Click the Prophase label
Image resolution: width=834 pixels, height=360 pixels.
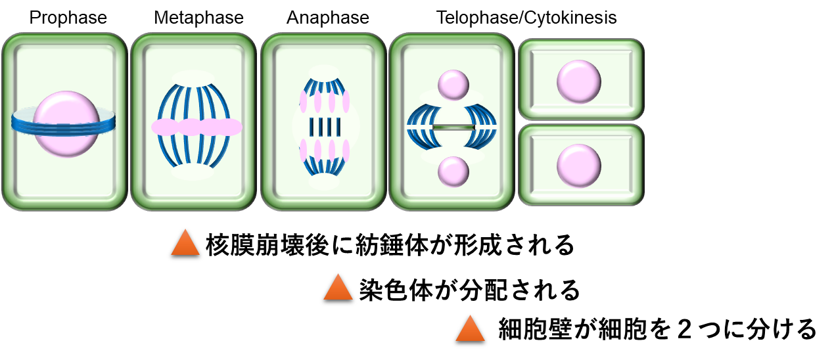pyautogui.click(x=68, y=18)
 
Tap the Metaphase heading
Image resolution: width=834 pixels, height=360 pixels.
pyautogui.click(x=199, y=18)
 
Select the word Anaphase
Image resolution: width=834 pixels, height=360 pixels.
pyautogui.click(x=328, y=18)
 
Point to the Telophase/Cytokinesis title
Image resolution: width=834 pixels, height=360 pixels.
pyautogui.click(x=526, y=18)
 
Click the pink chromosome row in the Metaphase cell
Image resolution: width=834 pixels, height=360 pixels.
pyautogui.click(x=197, y=127)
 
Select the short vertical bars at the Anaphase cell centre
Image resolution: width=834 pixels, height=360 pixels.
pyautogui.click(x=325, y=127)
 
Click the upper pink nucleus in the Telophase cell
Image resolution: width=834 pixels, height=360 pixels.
pyautogui.click(x=453, y=85)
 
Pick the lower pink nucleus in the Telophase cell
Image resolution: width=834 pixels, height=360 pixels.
pyautogui.click(x=453, y=171)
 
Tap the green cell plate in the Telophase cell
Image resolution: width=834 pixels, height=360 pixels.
pyautogui.click(x=453, y=127)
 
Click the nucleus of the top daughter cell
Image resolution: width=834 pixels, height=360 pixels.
pyautogui.click(x=579, y=81)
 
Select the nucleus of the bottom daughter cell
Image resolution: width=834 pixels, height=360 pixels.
pyautogui.click(x=579, y=166)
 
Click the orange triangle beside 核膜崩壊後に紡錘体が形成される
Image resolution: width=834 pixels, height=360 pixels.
pyautogui.click(x=185, y=244)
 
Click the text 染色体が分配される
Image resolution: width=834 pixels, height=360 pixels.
pyautogui.click(x=469, y=290)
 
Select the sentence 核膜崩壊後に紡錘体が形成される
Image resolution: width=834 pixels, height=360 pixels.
pyautogui.click(x=390, y=245)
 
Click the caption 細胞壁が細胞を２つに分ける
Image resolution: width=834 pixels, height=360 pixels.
pyautogui.click(x=657, y=329)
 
